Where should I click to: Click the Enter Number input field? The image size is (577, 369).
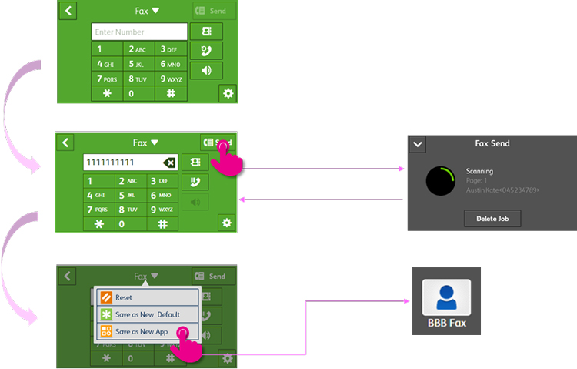tap(139, 32)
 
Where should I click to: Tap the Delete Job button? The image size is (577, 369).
tap(492, 219)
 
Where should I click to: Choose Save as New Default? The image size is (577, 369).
tap(146, 314)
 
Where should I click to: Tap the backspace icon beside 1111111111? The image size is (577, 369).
tap(169, 163)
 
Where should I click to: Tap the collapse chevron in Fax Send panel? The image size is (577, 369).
tap(418, 144)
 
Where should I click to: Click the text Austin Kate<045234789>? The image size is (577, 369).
tap(502, 190)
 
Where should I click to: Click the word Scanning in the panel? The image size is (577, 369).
tap(479, 171)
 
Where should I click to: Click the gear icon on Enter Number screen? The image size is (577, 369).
tap(227, 93)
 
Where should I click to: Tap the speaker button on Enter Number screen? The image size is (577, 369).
tap(206, 70)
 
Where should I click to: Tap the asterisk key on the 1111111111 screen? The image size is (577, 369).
tap(98, 223)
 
